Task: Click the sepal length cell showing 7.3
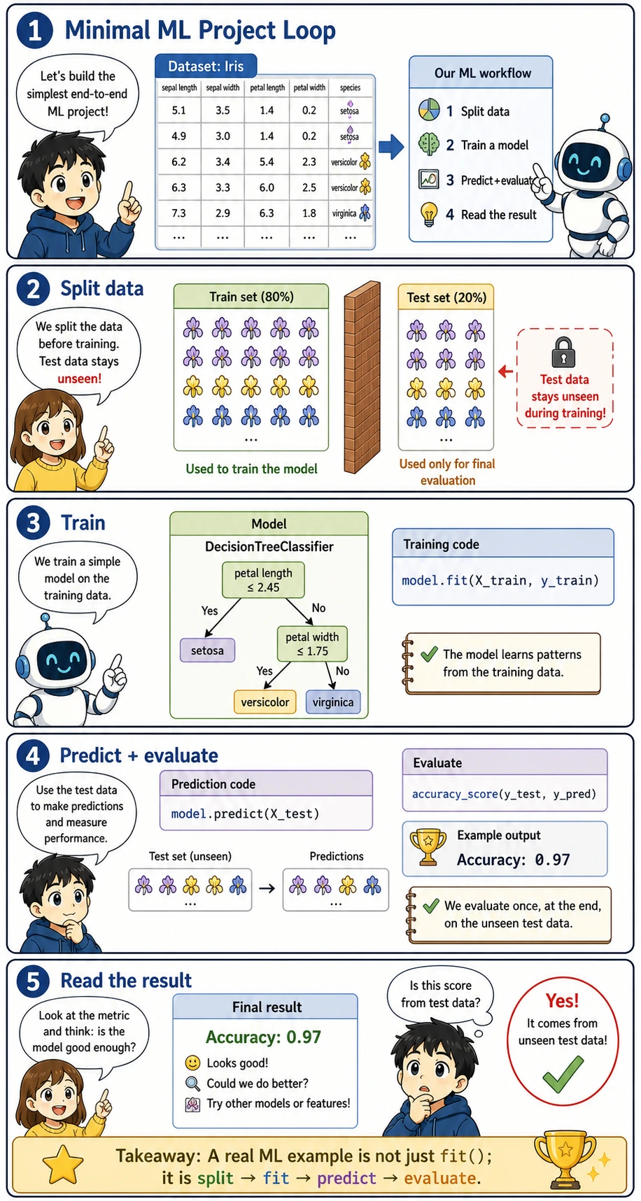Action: (178, 213)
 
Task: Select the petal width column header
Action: (309, 87)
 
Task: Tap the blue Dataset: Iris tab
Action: (206, 66)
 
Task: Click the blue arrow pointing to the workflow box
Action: (391, 146)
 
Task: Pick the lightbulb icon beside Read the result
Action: (428, 213)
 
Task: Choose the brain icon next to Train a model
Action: (428, 144)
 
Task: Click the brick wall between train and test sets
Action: (362, 378)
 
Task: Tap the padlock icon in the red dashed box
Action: (563, 353)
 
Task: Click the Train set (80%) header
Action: (251, 297)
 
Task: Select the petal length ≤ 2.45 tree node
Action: (263, 580)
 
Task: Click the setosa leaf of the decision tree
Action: (207, 650)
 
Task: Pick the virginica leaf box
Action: (333, 702)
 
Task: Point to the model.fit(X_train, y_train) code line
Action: (500, 580)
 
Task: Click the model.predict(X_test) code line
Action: (245, 813)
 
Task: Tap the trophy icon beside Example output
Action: (428, 847)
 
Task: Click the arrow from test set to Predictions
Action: (267, 888)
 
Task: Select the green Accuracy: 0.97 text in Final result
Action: (263, 1037)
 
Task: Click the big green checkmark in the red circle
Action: (563, 1074)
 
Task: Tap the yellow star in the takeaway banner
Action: (63, 1165)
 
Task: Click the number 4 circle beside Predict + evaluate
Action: (33, 756)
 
